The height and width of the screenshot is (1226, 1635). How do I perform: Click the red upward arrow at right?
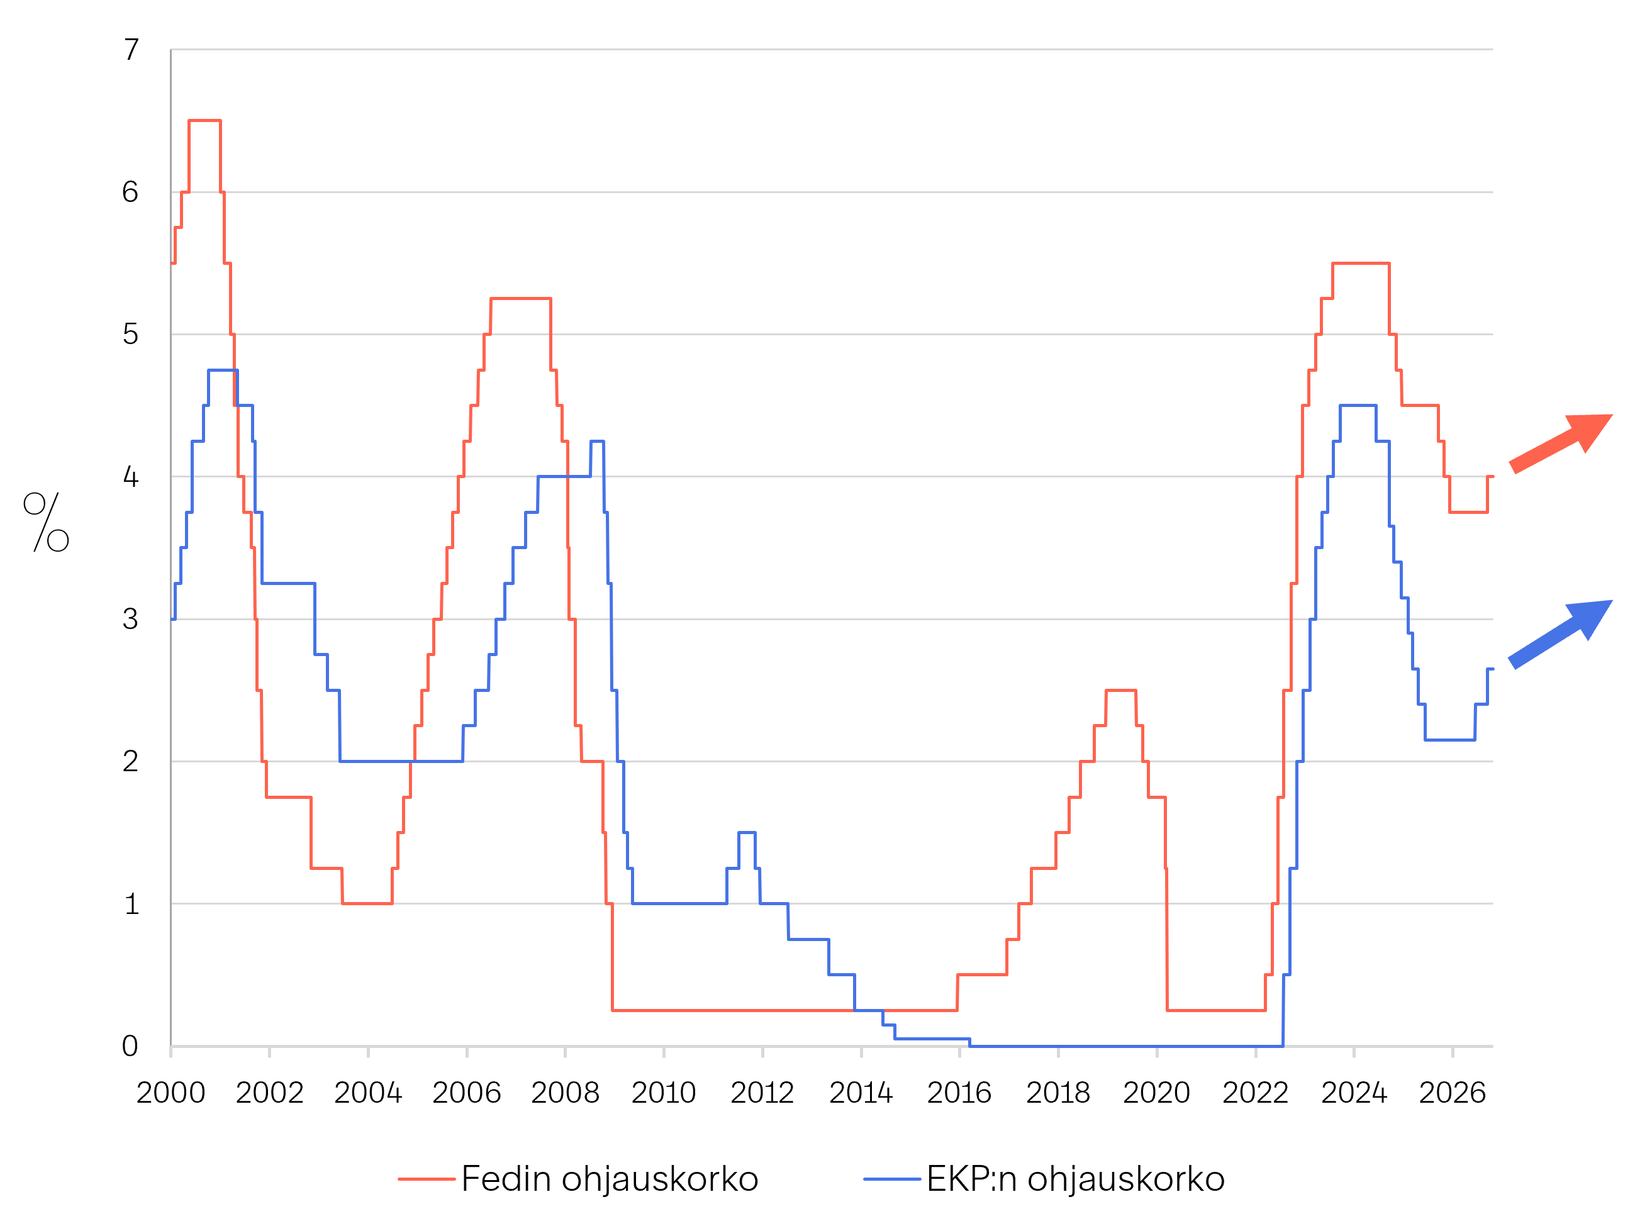pyautogui.click(x=1560, y=443)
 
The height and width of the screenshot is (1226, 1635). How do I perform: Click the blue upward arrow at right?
pyautogui.click(x=1560, y=634)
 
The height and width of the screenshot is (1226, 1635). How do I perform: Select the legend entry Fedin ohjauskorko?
pyautogui.click(x=579, y=1179)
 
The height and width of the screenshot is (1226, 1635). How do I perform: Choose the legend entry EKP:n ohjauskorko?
pyautogui.click(x=1044, y=1179)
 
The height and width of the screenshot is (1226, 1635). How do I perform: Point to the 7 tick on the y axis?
pyautogui.click(x=131, y=50)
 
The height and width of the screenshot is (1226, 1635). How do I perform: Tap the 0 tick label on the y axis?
pyautogui.click(x=130, y=1045)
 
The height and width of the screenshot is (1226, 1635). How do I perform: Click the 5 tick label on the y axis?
pyautogui.click(x=131, y=334)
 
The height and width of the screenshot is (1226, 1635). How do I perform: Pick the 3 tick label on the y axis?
pyautogui.click(x=131, y=618)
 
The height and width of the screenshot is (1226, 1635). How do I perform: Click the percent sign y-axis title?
pyautogui.click(x=47, y=521)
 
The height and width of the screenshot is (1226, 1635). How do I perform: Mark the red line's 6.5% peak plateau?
pyautogui.click(x=204, y=120)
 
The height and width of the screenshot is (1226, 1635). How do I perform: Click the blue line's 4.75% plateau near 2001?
pyautogui.click(x=223, y=371)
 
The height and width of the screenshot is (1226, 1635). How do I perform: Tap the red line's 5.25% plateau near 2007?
pyautogui.click(x=520, y=299)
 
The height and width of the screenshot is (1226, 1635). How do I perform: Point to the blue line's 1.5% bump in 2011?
pyautogui.click(x=747, y=833)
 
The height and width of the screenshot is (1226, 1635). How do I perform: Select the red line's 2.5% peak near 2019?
pyautogui.click(x=1120, y=690)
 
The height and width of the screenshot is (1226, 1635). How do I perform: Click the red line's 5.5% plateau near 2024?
pyautogui.click(x=1361, y=263)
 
